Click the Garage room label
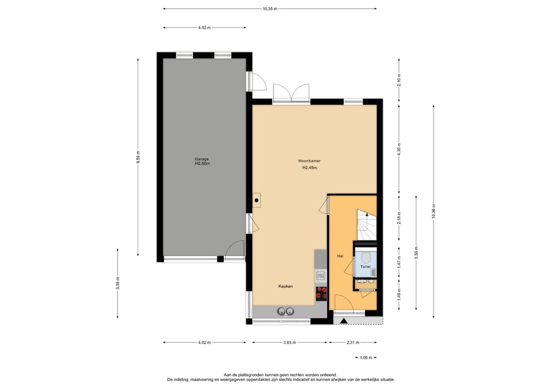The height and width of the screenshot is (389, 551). (202, 159)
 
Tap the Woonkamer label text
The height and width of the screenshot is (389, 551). (309, 161)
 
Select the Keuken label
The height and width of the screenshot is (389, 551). (285, 287)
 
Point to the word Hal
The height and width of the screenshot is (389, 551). (339, 256)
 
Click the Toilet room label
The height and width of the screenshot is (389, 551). (365, 267)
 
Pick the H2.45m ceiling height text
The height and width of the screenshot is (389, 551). (309, 168)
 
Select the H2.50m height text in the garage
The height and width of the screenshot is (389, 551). (202, 164)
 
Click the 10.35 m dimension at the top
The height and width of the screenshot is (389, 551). (270, 9)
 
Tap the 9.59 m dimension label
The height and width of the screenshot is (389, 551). (138, 157)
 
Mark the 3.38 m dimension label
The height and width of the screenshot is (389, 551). (118, 283)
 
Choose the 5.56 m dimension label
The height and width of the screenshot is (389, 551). (416, 252)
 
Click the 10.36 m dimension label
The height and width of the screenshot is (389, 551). (434, 211)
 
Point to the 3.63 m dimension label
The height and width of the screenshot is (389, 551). (290, 343)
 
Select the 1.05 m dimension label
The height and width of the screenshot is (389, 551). (366, 357)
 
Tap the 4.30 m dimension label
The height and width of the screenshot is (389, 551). (399, 148)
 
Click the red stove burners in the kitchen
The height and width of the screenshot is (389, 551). (321, 293)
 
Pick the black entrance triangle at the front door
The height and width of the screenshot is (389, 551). (344, 321)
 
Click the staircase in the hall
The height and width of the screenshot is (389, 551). (366, 224)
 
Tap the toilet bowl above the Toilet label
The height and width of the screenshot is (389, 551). (365, 257)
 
